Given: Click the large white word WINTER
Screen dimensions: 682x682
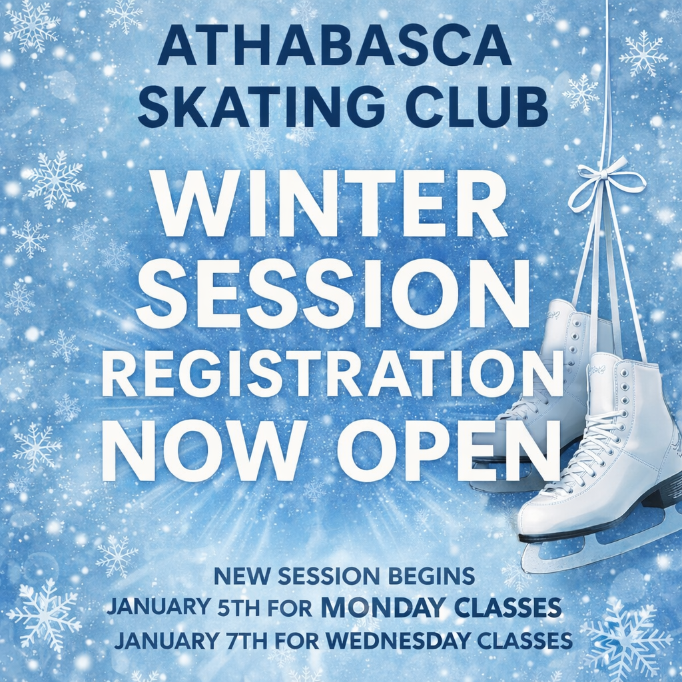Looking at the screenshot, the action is click(332, 204).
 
